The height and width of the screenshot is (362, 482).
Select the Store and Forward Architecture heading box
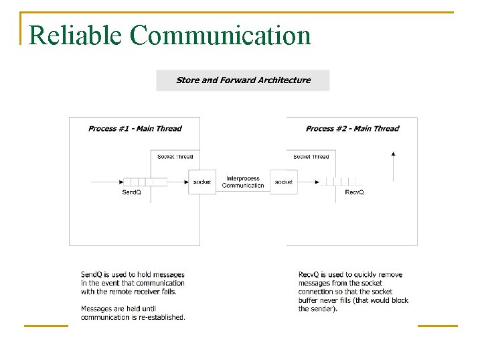[243, 80]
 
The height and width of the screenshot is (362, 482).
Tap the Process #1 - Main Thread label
[135, 129]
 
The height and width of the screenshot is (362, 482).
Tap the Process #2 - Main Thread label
[352, 129]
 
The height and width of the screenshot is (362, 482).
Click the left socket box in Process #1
[202, 182]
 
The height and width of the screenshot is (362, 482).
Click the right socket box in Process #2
[284, 182]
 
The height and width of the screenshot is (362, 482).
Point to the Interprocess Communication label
[243, 182]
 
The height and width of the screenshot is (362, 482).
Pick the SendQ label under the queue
[131, 192]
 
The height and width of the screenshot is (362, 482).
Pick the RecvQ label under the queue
[354, 192]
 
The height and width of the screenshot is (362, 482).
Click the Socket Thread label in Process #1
[175, 157]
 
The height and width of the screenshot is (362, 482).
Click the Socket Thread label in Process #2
[311, 157]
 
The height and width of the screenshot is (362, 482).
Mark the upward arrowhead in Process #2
[394, 154]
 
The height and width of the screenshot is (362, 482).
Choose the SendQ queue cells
[145, 182]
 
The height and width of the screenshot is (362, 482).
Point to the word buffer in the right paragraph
[309, 300]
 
